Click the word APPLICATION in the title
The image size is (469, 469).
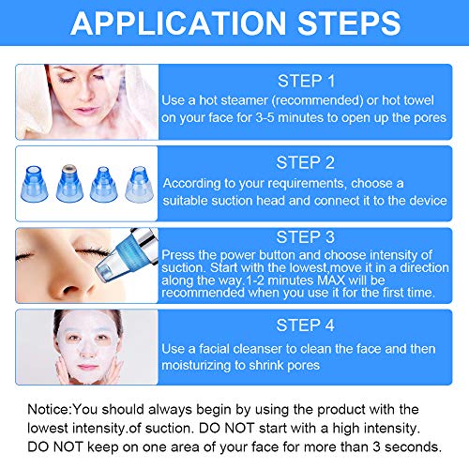(178, 23)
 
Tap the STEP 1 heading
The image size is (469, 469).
(306, 82)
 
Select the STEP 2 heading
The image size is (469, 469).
(305, 163)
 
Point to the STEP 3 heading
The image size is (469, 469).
(305, 237)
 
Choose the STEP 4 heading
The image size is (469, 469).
(305, 325)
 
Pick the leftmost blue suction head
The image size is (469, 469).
(34, 184)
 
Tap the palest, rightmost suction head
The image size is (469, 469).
(139, 184)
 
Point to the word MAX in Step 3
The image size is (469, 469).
(331, 280)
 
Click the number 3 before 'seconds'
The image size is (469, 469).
(377, 447)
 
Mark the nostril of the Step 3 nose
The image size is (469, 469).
(71, 290)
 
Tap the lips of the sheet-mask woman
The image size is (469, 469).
(87, 367)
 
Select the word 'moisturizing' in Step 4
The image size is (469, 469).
(196, 365)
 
